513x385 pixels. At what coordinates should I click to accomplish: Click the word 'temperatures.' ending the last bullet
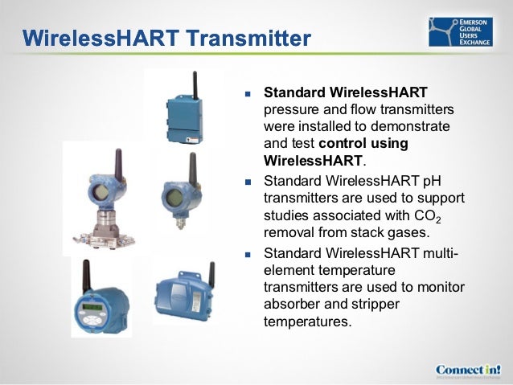click(x=307, y=323)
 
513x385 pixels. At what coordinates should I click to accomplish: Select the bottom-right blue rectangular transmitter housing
click(x=184, y=295)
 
